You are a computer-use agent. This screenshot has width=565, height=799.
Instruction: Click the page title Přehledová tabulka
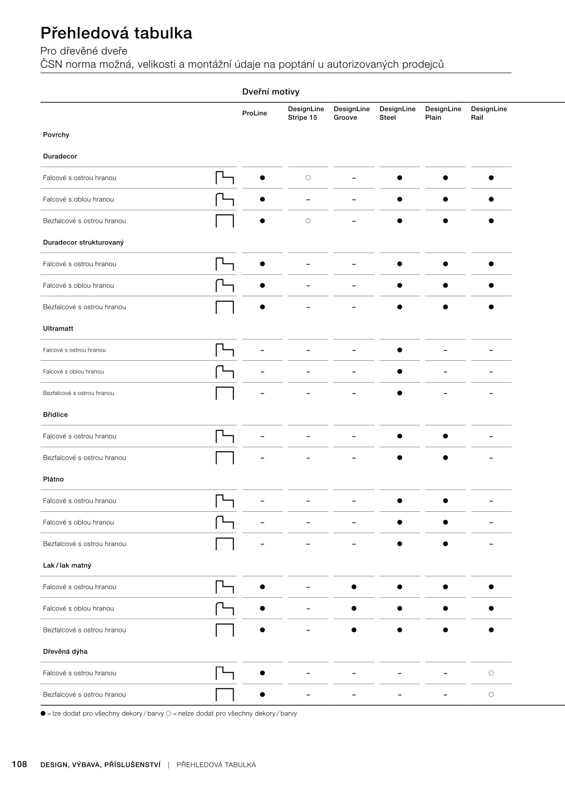point(116,33)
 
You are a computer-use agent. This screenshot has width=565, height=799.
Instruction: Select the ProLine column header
point(254,113)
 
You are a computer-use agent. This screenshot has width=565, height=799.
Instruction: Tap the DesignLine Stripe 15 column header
point(306,113)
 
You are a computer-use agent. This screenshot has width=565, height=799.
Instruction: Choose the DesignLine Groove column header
point(351,113)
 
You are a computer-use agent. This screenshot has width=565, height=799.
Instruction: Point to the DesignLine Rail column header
point(489,113)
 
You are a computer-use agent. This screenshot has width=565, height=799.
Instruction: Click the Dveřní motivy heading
point(271,92)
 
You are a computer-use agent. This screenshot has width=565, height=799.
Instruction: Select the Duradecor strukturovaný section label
point(83,243)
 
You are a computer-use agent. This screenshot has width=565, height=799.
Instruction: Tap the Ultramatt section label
point(58,329)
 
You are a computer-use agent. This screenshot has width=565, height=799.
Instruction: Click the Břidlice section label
point(55,415)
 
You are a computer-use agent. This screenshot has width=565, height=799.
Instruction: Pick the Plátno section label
point(53,479)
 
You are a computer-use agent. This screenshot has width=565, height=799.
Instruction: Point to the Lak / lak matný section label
point(67,565)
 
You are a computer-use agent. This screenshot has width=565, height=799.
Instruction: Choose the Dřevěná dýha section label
point(65,652)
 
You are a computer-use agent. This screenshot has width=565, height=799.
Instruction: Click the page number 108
point(19,764)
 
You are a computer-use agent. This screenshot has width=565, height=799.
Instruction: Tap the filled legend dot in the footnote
point(43,714)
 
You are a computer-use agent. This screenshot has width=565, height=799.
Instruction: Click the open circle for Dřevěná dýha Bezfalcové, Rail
point(491,695)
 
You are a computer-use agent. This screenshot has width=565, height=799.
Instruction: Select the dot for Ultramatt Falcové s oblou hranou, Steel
point(399,372)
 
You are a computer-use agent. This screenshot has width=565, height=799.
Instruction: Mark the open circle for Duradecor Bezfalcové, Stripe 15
point(308,221)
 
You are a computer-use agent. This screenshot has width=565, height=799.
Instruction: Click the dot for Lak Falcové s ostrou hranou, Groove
point(354,587)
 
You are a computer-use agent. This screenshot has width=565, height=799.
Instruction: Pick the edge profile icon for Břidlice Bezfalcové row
point(225,458)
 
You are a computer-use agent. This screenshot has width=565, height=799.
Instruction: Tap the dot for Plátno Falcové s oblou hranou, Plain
point(445,522)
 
